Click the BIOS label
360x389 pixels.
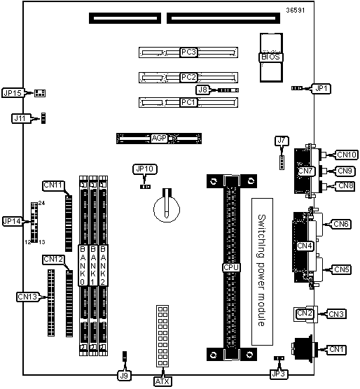(270, 57)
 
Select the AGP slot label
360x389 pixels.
(159, 139)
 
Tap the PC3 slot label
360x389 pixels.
(188, 52)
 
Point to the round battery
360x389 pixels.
(167, 209)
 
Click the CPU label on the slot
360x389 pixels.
(231, 267)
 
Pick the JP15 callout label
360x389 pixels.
(13, 93)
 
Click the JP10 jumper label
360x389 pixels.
(145, 169)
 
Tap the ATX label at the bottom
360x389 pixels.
(162, 381)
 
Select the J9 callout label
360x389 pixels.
(124, 376)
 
